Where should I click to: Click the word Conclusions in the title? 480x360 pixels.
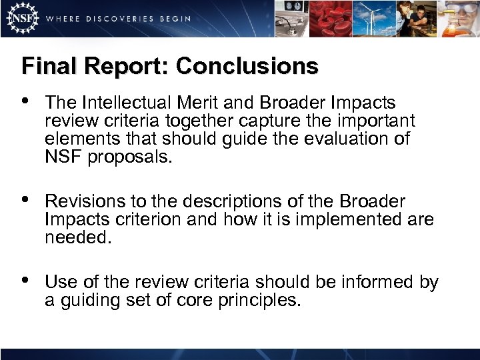click(247, 66)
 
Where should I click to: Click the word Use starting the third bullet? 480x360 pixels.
click(59, 283)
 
